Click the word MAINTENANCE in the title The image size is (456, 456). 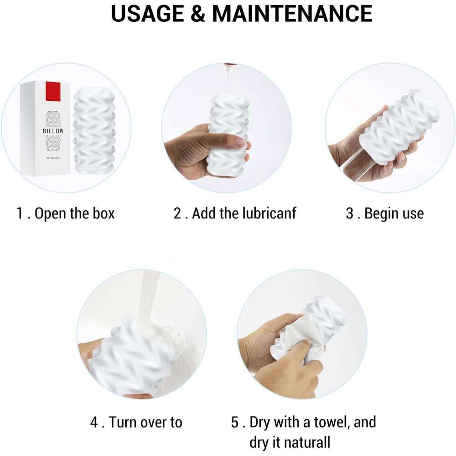click(x=292, y=13)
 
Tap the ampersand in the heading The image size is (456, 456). click(x=198, y=13)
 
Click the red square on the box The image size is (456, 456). click(x=53, y=91)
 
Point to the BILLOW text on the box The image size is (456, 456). click(x=53, y=131)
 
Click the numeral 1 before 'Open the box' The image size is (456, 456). click(x=20, y=213)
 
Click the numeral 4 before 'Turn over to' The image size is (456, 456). click(x=94, y=422)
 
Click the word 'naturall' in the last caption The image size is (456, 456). click(x=307, y=442)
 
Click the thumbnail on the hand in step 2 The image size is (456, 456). click(x=240, y=141)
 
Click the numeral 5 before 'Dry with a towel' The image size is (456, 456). click(x=235, y=422)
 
